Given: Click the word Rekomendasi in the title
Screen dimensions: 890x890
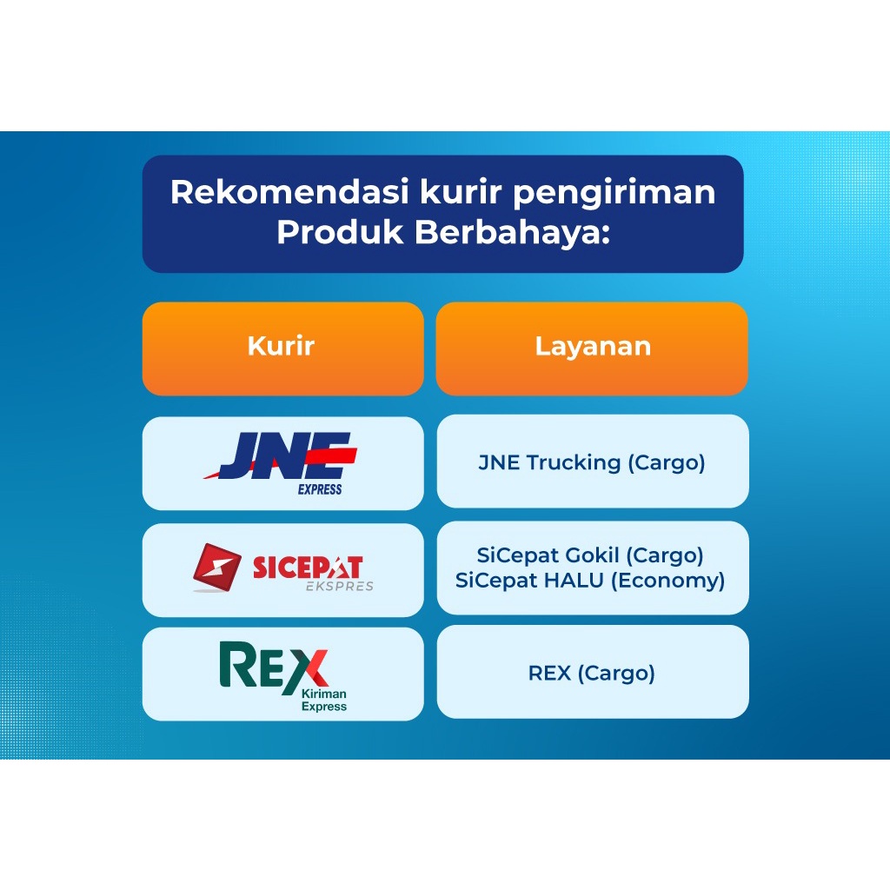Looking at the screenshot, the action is (x=289, y=192).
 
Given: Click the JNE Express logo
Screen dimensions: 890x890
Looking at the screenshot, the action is (x=281, y=463).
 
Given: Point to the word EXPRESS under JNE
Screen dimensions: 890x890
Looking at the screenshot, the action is (x=320, y=489).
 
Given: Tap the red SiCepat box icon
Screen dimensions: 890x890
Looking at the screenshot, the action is (x=216, y=568).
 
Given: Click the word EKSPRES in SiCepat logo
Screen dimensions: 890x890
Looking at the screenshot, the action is (x=340, y=587).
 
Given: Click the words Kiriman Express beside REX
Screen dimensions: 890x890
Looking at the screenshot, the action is (x=324, y=700).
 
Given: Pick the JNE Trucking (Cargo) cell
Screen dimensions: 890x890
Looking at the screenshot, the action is (x=593, y=462).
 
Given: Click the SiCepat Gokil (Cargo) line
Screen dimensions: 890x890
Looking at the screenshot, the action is (x=590, y=555).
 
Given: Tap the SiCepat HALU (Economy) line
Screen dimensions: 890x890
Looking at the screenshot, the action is (x=590, y=581).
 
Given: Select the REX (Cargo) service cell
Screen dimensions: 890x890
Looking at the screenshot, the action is (x=593, y=672).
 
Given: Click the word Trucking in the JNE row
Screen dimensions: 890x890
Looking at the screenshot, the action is (x=574, y=463).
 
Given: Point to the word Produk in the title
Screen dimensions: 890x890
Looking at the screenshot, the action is (x=340, y=232).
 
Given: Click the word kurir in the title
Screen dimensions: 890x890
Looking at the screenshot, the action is (x=461, y=192).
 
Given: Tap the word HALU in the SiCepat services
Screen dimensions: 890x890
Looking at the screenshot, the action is (x=575, y=580).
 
